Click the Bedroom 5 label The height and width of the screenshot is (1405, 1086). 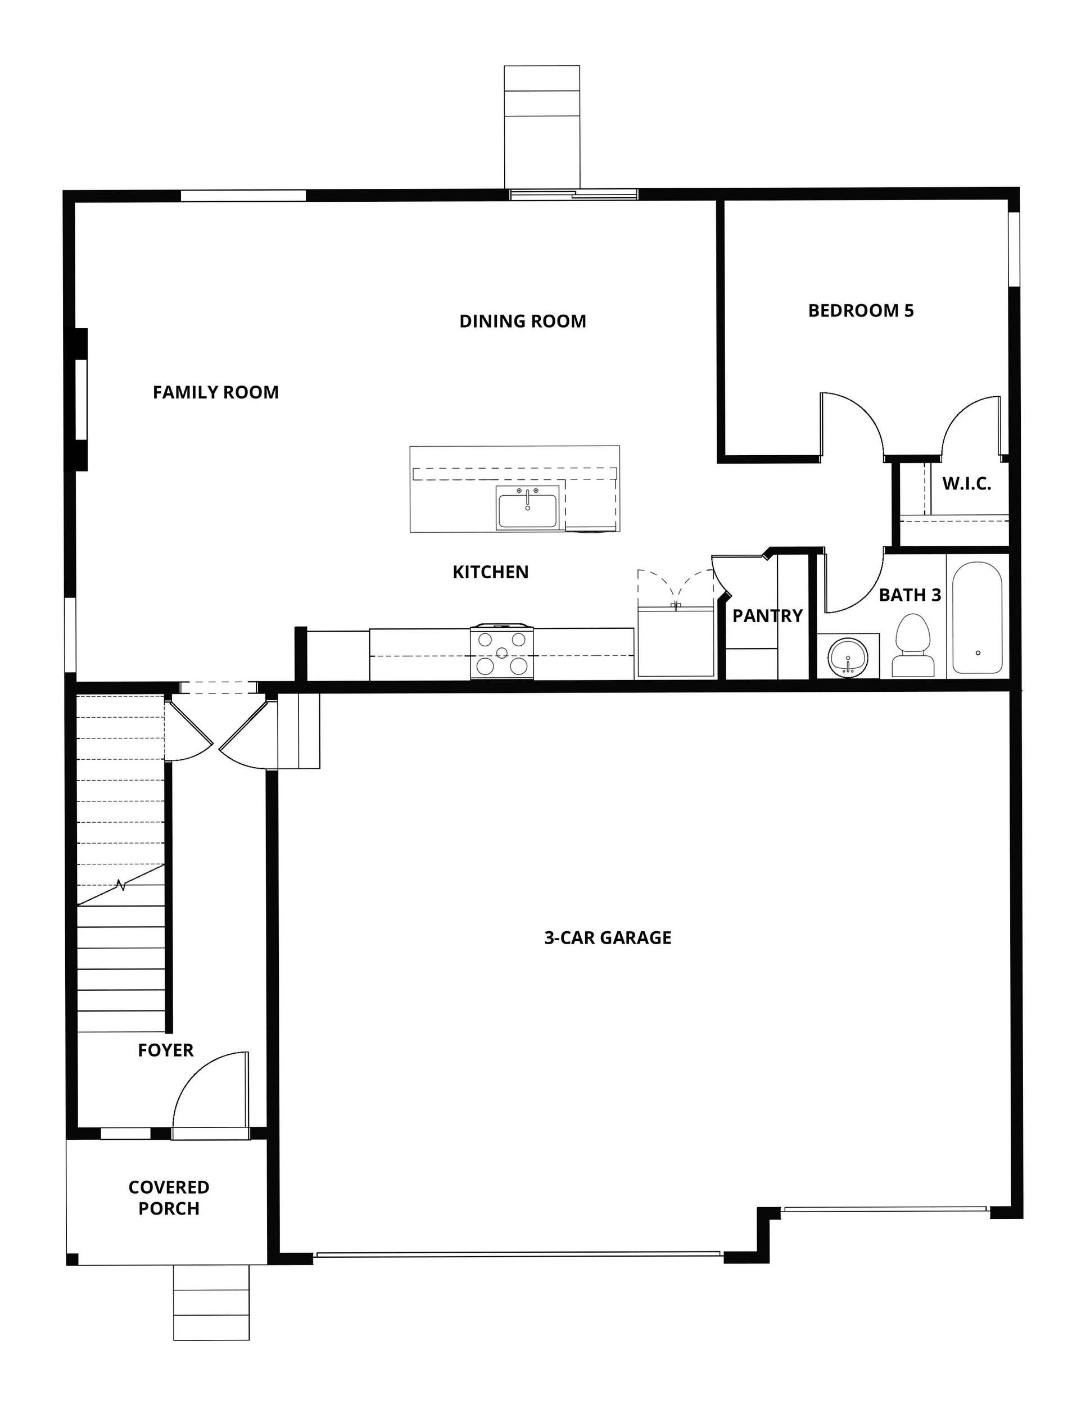click(860, 311)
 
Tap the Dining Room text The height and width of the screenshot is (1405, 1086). click(522, 321)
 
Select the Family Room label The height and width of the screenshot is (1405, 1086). click(215, 392)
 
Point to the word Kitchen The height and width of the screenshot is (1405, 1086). click(490, 572)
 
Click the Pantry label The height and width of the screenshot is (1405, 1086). click(767, 615)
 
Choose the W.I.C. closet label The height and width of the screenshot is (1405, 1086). click(966, 484)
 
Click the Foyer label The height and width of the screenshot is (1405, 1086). click(165, 1050)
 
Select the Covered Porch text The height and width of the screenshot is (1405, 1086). click(169, 1197)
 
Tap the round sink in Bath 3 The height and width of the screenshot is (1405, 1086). click(848, 658)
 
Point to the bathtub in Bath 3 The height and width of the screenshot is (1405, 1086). click(976, 618)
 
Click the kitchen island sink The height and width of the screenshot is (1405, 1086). click(526, 507)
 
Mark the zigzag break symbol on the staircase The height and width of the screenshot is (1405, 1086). click(121, 886)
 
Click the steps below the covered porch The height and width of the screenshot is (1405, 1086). click(211, 1302)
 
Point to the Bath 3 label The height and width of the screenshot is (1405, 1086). click(909, 595)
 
